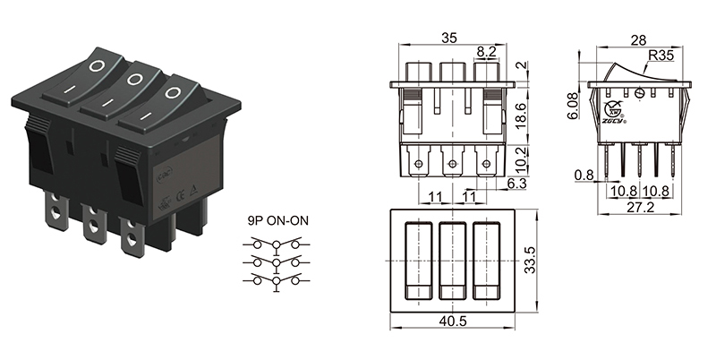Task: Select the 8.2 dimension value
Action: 486,54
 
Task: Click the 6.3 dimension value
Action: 516,184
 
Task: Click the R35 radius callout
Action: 660,56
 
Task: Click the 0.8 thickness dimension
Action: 583,176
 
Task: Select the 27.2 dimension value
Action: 638,207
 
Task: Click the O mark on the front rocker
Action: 172,91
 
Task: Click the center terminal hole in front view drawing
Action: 452,163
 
